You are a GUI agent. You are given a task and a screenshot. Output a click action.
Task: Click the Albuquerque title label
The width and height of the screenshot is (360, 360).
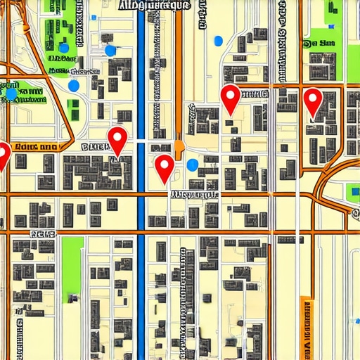155,6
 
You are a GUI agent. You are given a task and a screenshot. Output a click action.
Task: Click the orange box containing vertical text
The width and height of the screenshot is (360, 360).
306,328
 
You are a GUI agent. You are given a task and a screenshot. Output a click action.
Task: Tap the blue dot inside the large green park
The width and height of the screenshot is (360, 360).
64,48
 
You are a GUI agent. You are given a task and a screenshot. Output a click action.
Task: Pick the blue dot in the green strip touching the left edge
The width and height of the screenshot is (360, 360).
11,93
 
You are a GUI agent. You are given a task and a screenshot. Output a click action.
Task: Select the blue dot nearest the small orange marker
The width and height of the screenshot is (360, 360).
193,165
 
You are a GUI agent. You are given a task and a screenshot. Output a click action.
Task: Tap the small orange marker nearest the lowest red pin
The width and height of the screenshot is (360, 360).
179,146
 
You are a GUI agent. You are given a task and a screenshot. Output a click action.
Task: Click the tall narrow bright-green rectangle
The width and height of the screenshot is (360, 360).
72,267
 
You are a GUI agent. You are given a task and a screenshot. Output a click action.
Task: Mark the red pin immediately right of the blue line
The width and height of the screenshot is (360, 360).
164,168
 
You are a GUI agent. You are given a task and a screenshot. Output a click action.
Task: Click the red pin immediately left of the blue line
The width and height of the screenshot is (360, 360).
117,140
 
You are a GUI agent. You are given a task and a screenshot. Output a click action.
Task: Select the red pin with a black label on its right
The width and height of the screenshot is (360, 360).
231,98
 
